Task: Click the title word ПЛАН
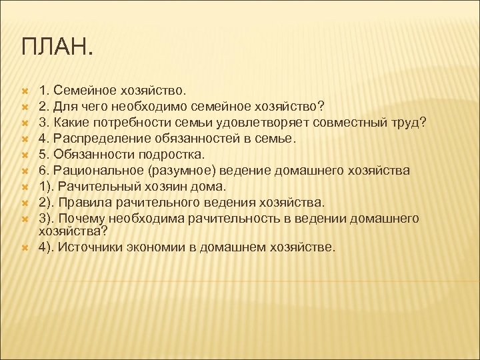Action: (x=58, y=47)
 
